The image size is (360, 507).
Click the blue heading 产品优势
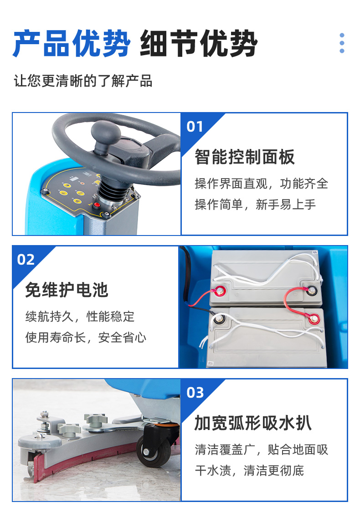pos(72,43)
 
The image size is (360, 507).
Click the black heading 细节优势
pos(199,43)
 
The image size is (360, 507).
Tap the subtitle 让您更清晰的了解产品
pos(83,81)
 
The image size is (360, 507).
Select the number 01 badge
pos(195,127)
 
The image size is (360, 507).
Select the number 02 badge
pos(26,260)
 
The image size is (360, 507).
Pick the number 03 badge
pos(195,393)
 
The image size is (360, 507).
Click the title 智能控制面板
pos(245,157)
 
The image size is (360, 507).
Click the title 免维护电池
pos(67,290)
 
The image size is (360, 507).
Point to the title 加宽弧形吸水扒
pos(253,423)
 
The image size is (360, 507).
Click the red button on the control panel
pos(97,205)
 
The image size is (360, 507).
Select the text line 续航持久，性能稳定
pos(80,317)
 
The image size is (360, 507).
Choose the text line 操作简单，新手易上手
pos(255,205)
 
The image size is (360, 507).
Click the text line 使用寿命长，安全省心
pos(86,338)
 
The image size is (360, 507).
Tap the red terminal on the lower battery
pos(314,319)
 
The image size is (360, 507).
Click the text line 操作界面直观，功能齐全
pos(262,184)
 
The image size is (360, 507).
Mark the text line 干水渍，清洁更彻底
pos(249,471)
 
